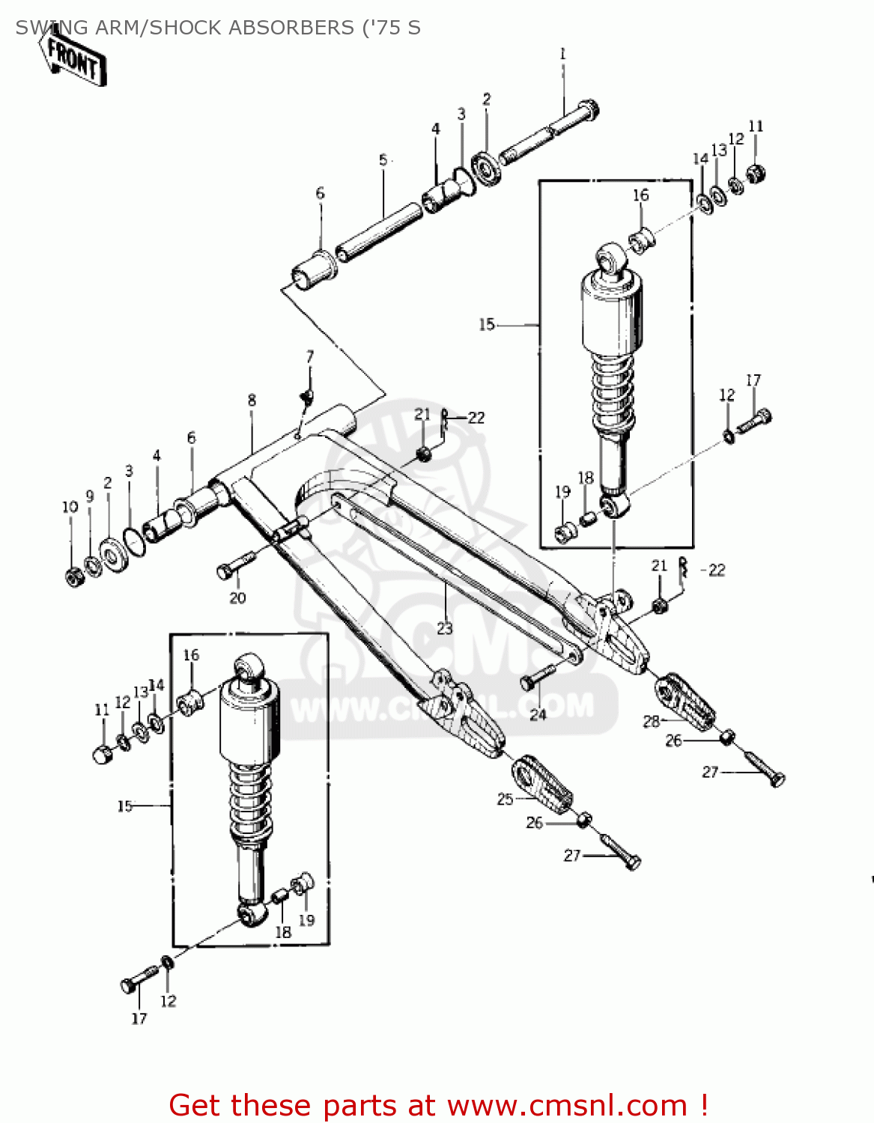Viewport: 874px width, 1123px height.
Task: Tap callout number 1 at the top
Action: (562, 54)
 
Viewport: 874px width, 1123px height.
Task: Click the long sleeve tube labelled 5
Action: (379, 231)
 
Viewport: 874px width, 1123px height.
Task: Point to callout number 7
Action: (310, 356)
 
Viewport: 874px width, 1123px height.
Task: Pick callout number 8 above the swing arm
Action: (252, 401)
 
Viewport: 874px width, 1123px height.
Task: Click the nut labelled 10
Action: (74, 576)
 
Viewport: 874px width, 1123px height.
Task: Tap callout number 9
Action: (90, 496)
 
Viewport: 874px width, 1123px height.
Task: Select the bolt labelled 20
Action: (233, 565)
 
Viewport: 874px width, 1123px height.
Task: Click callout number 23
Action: (445, 628)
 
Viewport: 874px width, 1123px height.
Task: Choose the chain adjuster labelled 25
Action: (542, 784)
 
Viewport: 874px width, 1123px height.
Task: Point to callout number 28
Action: (651, 721)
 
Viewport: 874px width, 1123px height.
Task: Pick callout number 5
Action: (383, 160)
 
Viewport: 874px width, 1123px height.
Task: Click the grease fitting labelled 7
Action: (306, 396)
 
